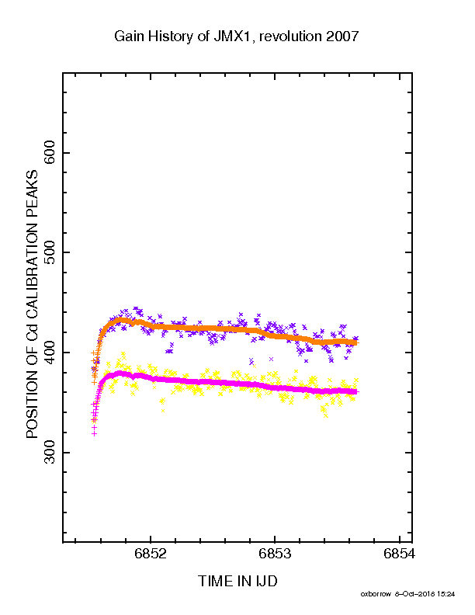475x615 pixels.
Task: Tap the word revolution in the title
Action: [x=290, y=36]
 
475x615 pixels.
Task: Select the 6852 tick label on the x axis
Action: [x=151, y=554]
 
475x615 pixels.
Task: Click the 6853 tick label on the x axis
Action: [x=275, y=554]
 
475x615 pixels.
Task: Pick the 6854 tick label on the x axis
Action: [x=400, y=554]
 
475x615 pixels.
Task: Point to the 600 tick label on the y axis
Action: [x=50, y=152]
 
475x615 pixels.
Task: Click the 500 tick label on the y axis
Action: [x=50, y=252]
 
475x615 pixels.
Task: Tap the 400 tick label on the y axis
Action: [x=50, y=353]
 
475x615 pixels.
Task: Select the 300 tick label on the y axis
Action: [x=50, y=452]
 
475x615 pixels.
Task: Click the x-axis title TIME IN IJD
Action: [x=237, y=582]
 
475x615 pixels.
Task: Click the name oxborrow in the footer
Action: [x=376, y=594]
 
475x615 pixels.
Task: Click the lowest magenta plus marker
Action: [x=94, y=434]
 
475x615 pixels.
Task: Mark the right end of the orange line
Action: [x=357, y=342]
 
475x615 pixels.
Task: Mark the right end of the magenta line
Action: [x=357, y=392]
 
